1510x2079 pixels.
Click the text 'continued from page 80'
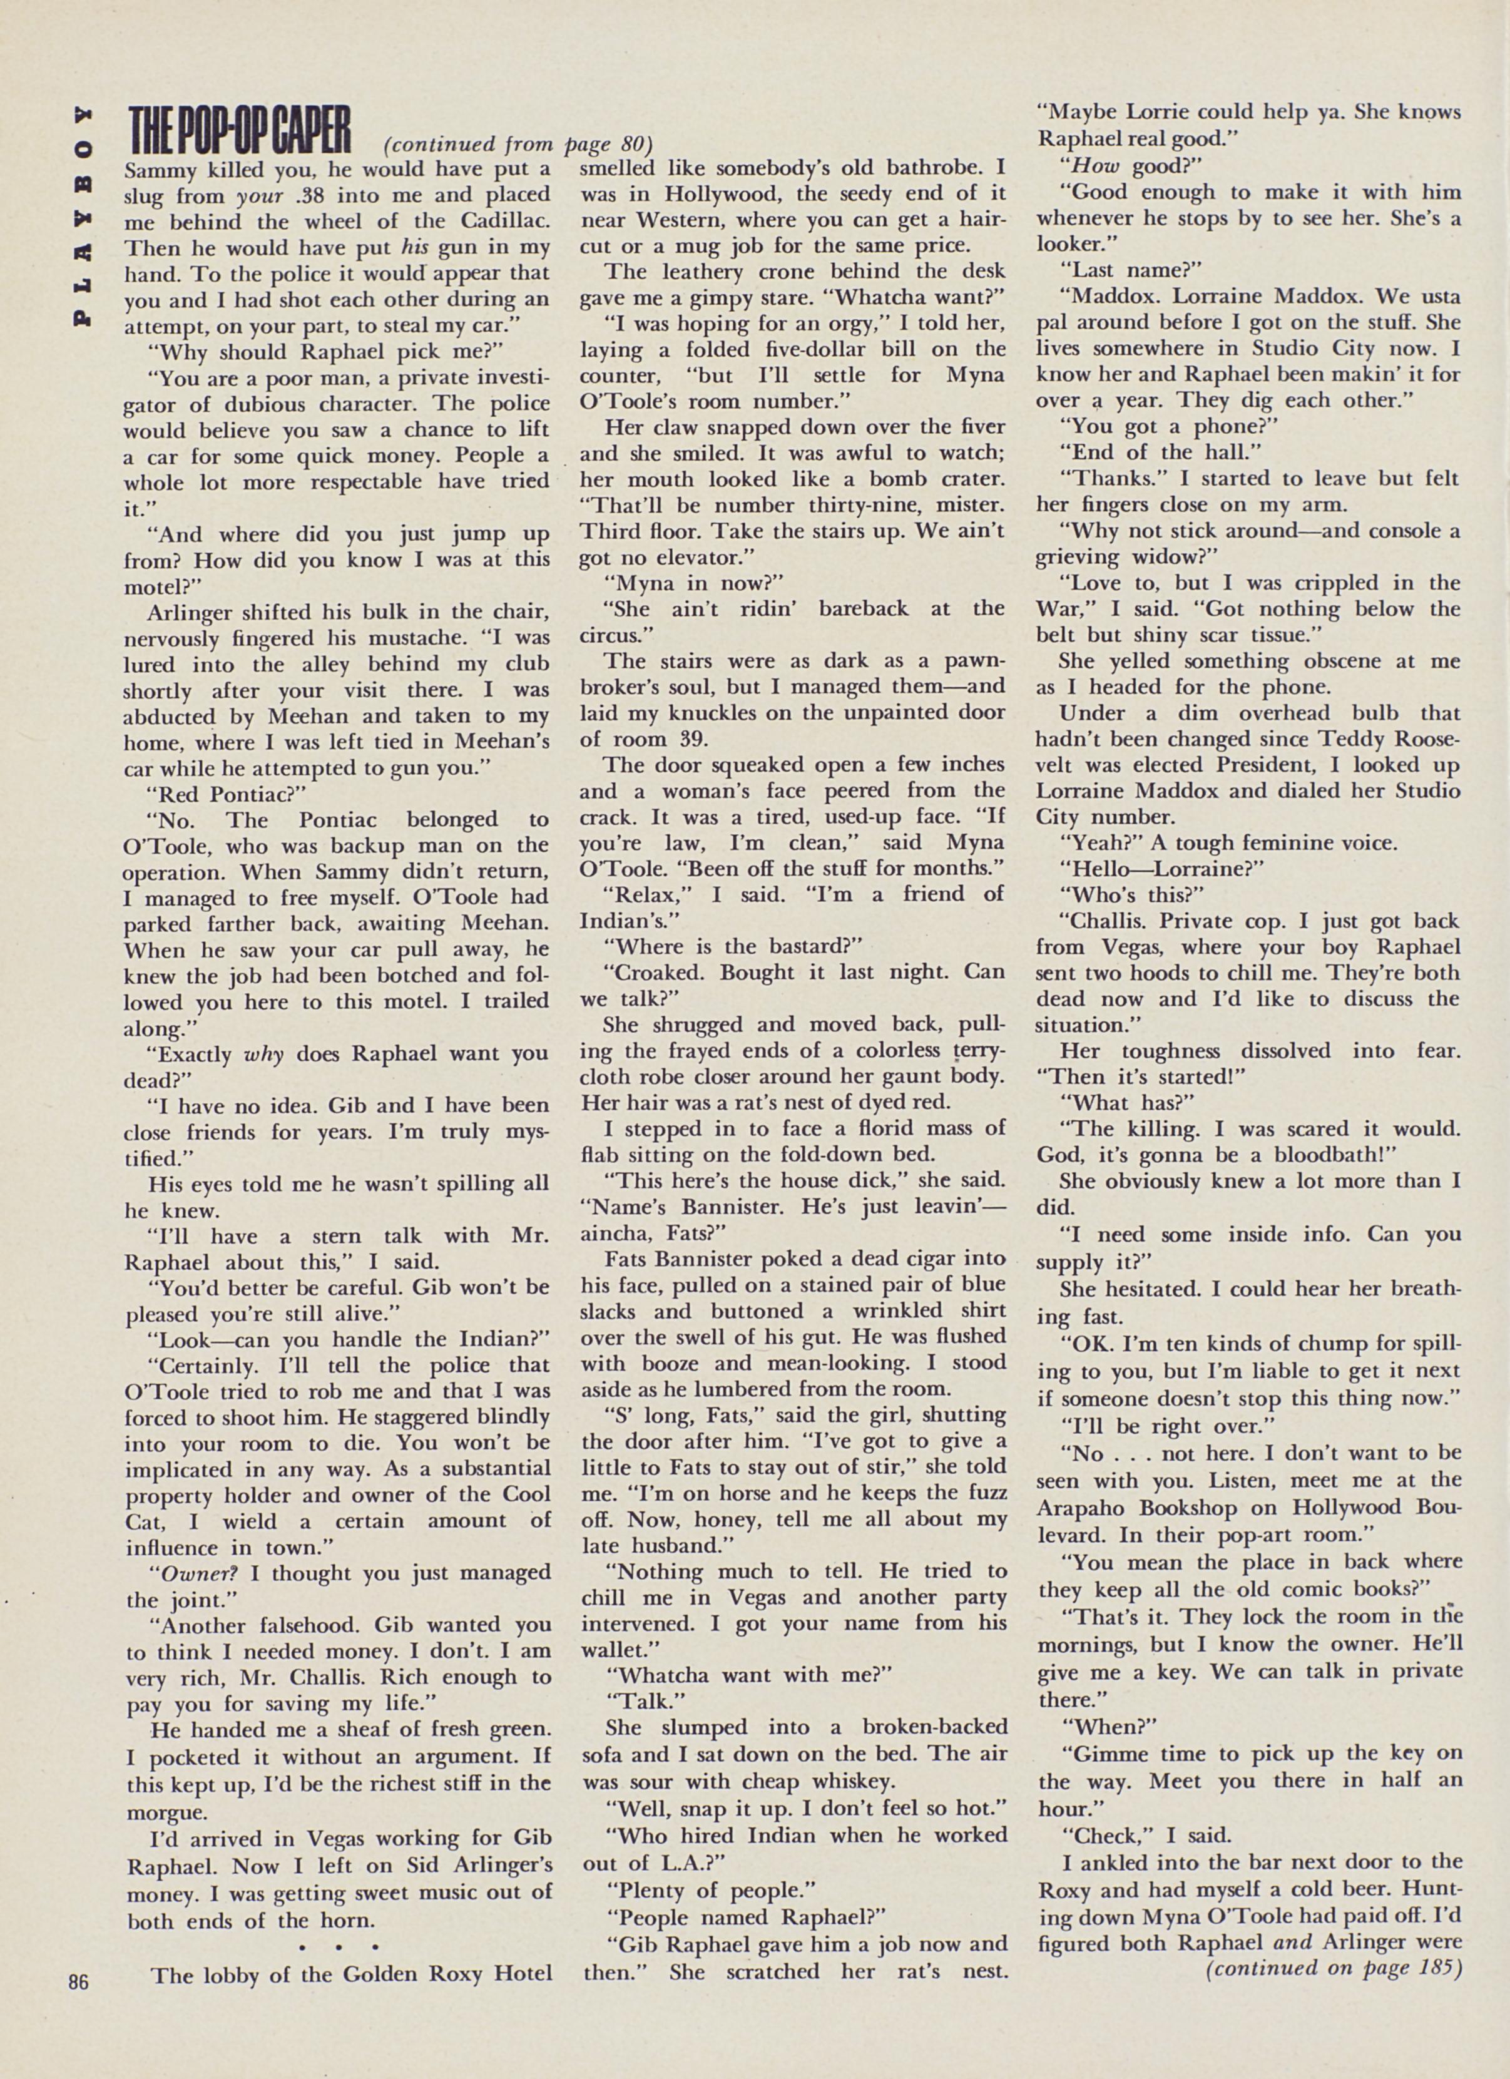pos(518,145)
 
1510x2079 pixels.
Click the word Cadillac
pos(498,221)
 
